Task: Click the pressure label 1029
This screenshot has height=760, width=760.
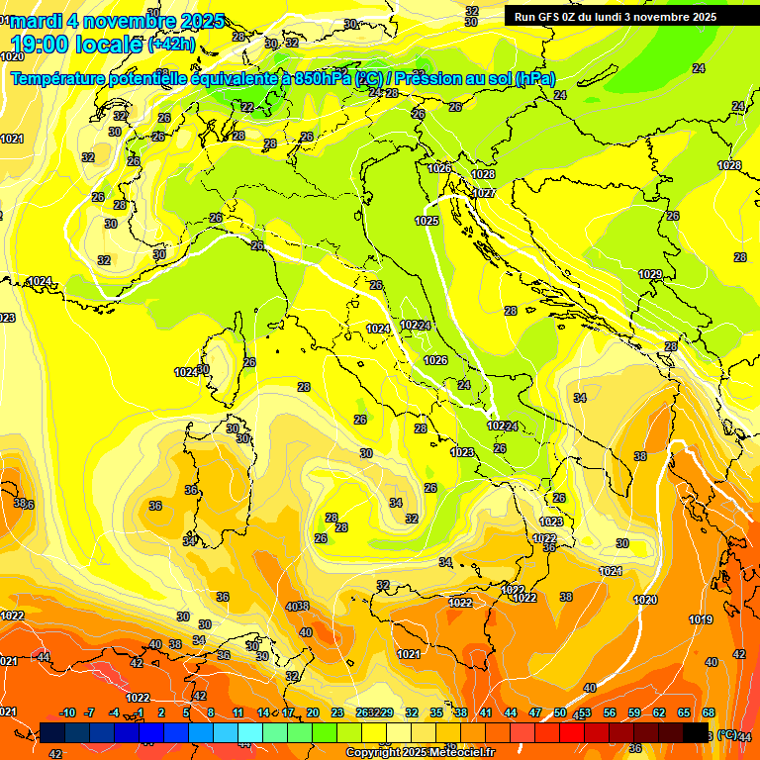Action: point(650,274)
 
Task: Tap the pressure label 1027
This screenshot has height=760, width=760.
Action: point(484,193)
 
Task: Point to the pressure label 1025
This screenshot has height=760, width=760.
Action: point(427,221)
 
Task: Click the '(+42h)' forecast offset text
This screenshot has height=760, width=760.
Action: point(171,46)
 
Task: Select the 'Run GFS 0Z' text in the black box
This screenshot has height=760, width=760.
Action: point(554,17)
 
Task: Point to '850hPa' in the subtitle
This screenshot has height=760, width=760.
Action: point(323,78)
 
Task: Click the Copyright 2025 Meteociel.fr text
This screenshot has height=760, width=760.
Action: point(420,753)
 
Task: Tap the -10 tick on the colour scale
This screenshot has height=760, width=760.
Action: point(67,713)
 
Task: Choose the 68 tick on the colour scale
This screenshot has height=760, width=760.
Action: point(709,713)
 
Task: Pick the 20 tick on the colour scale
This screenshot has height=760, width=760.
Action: point(313,713)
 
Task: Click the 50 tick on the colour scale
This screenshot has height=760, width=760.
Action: point(560,713)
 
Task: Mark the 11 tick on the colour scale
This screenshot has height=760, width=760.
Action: point(237,713)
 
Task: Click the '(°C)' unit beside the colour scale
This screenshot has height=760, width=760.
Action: point(727,734)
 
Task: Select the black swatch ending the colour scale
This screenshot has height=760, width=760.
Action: point(696,733)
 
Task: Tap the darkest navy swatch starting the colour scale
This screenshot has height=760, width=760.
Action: point(51,733)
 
